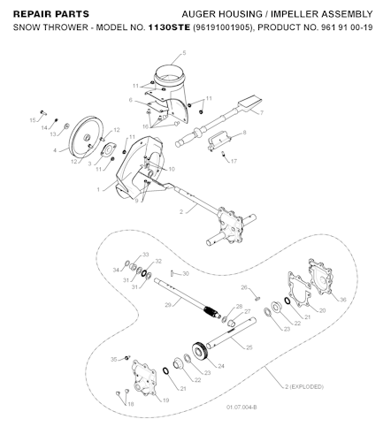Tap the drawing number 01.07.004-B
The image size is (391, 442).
[x=241, y=407]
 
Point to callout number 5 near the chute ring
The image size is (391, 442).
[x=184, y=54]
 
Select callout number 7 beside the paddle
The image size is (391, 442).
[x=262, y=113]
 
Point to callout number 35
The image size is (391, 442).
[x=113, y=360]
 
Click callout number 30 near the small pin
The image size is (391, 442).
[x=186, y=274]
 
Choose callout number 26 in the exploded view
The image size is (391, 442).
[x=244, y=288]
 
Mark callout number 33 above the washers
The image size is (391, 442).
[x=146, y=254]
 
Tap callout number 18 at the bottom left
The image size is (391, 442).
[x=130, y=404]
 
